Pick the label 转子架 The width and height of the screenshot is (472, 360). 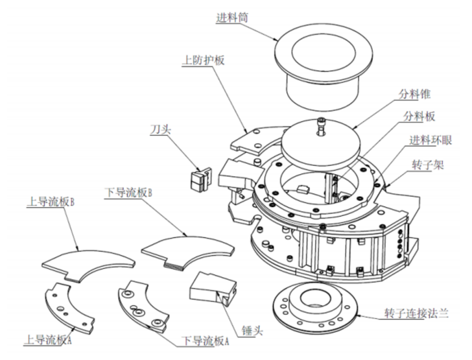pyautogui.click(x=428, y=165)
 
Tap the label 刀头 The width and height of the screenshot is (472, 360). pyautogui.click(x=162, y=128)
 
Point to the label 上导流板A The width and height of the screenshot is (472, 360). pyautogui.click(x=49, y=339)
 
